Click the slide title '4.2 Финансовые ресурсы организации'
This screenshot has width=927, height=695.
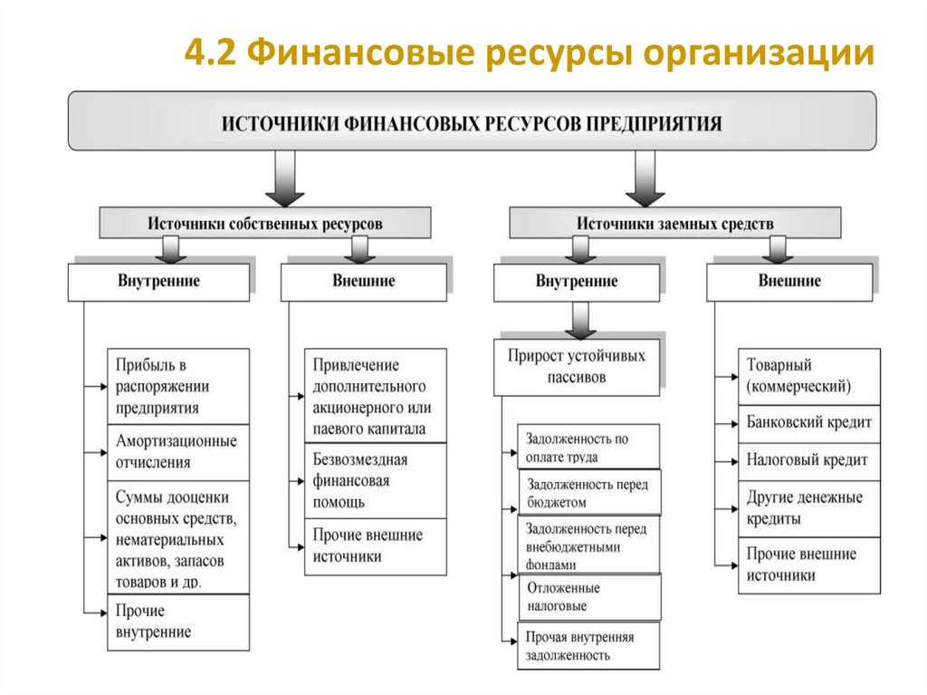coord(529,53)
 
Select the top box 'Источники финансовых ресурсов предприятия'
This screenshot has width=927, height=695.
coord(472,121)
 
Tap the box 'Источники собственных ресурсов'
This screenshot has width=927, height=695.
coord(264,223)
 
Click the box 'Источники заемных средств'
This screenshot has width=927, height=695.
coord(674,223)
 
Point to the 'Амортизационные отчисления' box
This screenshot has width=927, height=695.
coord(177,451)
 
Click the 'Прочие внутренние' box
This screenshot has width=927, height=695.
coord(177,622)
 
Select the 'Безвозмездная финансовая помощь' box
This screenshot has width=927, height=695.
coord(375,480)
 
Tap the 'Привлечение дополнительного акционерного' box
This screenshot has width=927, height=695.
coord(375,397)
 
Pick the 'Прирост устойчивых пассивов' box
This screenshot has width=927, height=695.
coord(577,367)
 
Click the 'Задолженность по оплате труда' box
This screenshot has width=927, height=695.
coord(588,447)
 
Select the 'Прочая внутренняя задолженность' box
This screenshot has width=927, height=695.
coord(588,645)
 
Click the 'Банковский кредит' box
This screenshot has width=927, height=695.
coord(808,422)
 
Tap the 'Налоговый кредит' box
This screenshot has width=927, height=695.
coord(808,460)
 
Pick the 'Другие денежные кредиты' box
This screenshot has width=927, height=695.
coord(808,508)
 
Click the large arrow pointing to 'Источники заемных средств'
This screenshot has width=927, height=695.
coord(645,179)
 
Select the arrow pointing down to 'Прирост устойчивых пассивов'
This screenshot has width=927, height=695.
coord(578,320)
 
